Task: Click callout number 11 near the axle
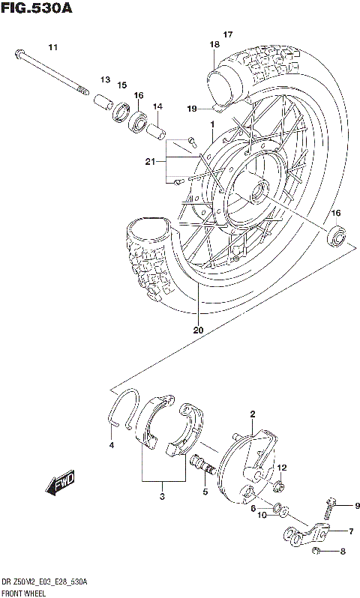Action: pos(52,48)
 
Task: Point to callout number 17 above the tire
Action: pos(228,34)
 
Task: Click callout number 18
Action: pos(214,45)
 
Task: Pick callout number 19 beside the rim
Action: pos(192,109)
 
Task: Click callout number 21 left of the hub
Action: pos(150,162)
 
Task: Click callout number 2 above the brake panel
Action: pos(253,414)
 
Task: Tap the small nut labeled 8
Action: pos(317,552)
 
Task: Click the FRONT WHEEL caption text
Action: pos(24,592)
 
